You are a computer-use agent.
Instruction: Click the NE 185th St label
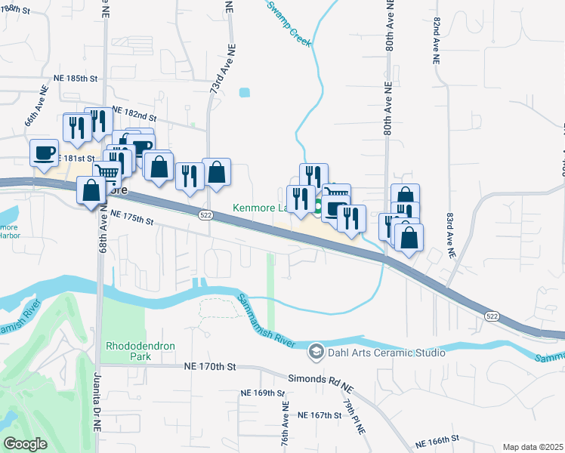click(x=76, y=78)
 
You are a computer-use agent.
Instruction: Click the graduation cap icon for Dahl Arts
click(x=316, y=352)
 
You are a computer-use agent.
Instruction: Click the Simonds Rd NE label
click(x=321, y=381)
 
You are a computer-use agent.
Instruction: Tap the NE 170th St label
click(x=210, y=366)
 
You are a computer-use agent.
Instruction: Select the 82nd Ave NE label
click(x=437, y=42)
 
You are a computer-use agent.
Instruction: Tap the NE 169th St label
click(x=262, y=393)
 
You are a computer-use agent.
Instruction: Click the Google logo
click(x=25, y=444)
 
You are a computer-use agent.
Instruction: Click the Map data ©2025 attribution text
click(x=533, y=447)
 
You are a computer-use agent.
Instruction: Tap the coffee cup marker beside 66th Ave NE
click(x=44, y=152)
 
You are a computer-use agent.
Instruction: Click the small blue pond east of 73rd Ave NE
click(x=244, y=94)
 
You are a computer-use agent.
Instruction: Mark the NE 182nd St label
click(x=134, y=114)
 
